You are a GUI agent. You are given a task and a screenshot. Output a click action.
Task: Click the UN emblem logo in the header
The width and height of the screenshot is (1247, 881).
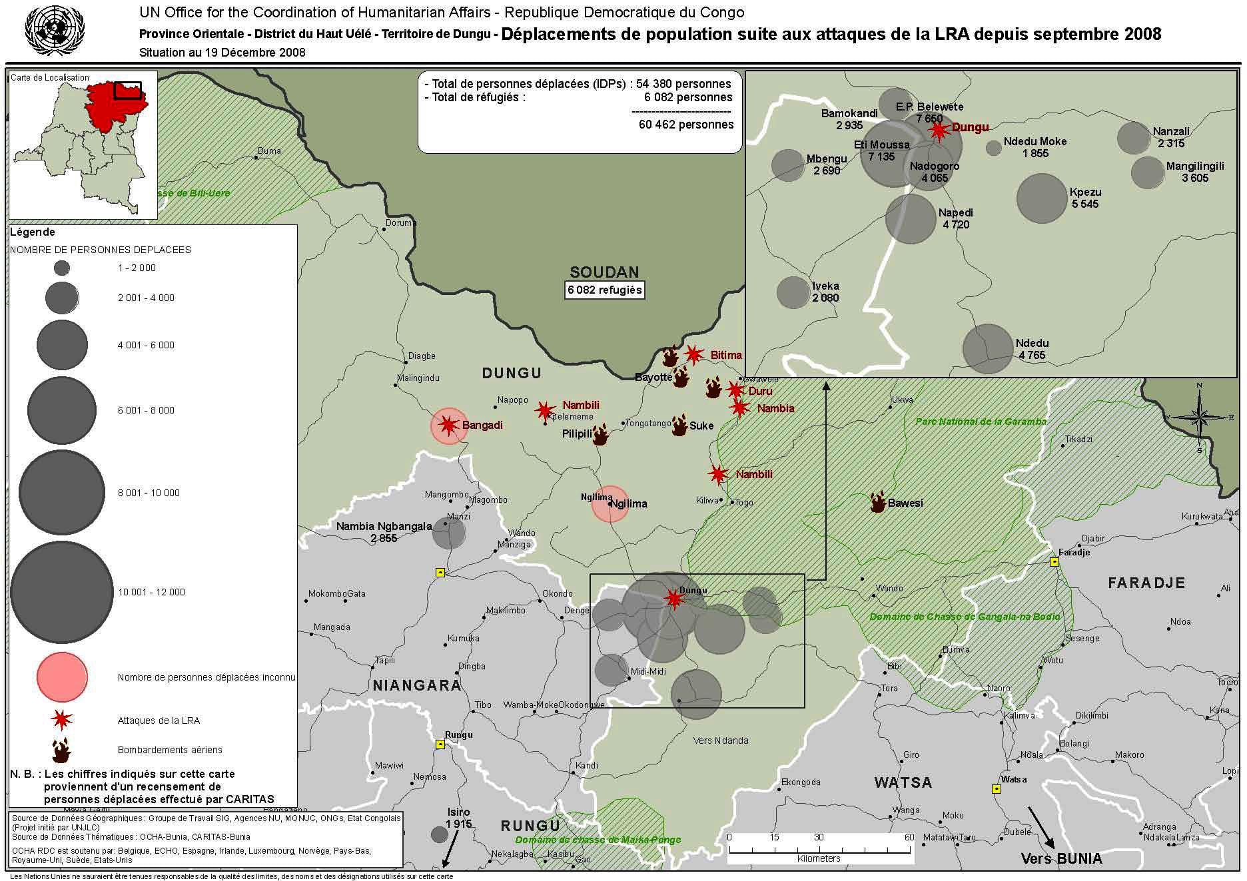coord(55,30)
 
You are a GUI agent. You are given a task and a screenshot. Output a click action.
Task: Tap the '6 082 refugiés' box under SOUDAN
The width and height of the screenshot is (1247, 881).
coord(604,290)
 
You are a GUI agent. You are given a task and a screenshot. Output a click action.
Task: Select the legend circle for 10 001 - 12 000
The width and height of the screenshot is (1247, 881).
coord(61,592)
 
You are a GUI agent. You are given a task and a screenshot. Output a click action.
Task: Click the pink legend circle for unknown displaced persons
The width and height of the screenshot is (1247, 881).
coord(62,677)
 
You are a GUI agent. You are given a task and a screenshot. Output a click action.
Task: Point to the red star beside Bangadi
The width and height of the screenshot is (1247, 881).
coord(448,425)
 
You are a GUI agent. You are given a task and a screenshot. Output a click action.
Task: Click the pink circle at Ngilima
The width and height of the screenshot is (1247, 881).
coord(610,504)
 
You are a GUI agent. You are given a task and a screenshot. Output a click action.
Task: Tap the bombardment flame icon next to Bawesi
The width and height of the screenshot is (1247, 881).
coord(879,502)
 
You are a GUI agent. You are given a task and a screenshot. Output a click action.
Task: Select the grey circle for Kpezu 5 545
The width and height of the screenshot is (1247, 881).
coord(1042,198)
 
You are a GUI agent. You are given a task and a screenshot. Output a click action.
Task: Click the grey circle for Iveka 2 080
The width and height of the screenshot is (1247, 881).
coord(793,292)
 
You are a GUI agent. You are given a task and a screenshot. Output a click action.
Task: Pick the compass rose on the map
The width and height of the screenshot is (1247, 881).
coord(1199,418)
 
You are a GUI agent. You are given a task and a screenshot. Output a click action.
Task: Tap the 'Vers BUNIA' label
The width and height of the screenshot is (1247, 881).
coord(1061,859)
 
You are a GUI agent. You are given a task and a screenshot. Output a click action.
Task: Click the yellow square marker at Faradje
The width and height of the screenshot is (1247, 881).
coord(1054,562)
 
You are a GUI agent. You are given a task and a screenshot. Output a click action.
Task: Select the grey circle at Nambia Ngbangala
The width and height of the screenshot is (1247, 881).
coord(449,533)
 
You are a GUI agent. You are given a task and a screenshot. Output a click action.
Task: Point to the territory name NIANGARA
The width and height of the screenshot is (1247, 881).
coord(416,685)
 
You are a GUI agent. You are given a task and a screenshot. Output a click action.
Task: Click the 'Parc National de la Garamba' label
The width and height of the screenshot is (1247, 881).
coord(981,422)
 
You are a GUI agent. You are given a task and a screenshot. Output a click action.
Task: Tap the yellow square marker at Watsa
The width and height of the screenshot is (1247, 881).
coord(997,789)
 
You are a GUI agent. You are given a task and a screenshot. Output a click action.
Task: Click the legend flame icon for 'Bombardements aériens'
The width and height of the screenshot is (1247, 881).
coord(62,750)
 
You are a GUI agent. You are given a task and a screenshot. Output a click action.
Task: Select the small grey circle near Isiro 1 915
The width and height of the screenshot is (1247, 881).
coord(439,834)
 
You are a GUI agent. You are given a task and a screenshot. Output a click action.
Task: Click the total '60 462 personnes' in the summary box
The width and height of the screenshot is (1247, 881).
coord(686,125)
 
